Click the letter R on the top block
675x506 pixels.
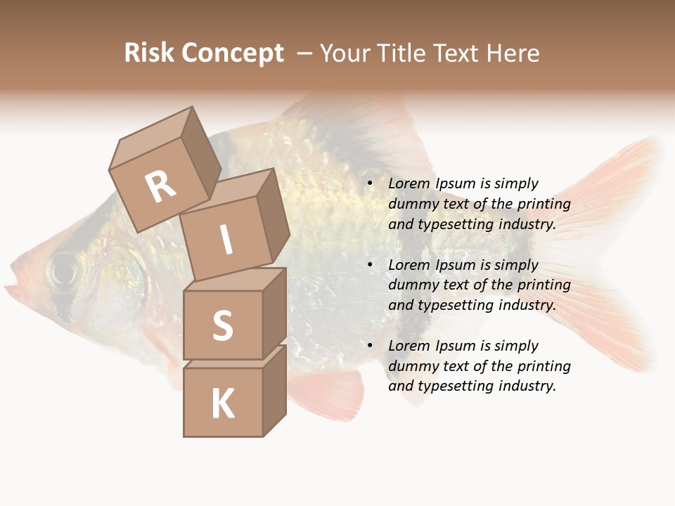pyautogui.click(x=161, y=188)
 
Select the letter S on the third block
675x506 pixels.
pyautogui.click(x=222, y=325)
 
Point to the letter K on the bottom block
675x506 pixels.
pyautogui.click(x=223, y=403)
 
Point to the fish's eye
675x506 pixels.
pyautogui.click(x=64, y=269)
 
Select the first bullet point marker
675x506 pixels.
pyautogui.click(x=370, y=184)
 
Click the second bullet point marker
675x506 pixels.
pyautogui.click(x=370, y=266)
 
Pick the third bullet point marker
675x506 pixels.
pyautogui.click(x=370, y=346)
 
